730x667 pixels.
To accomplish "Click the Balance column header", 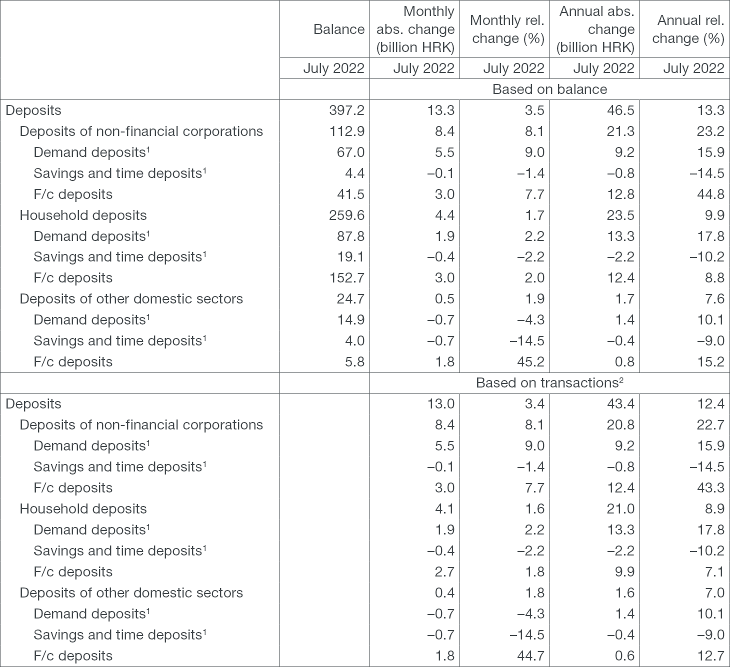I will (338, 29).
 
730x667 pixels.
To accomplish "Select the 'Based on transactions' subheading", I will (549, 383).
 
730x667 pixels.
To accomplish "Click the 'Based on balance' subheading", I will (549, 89).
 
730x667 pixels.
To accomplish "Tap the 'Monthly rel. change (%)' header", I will (507, 29).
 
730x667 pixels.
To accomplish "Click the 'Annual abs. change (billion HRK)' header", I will (596, 29).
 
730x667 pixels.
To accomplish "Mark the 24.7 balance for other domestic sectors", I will (351, 299).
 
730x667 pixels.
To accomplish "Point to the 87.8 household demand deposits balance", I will (351, 236).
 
